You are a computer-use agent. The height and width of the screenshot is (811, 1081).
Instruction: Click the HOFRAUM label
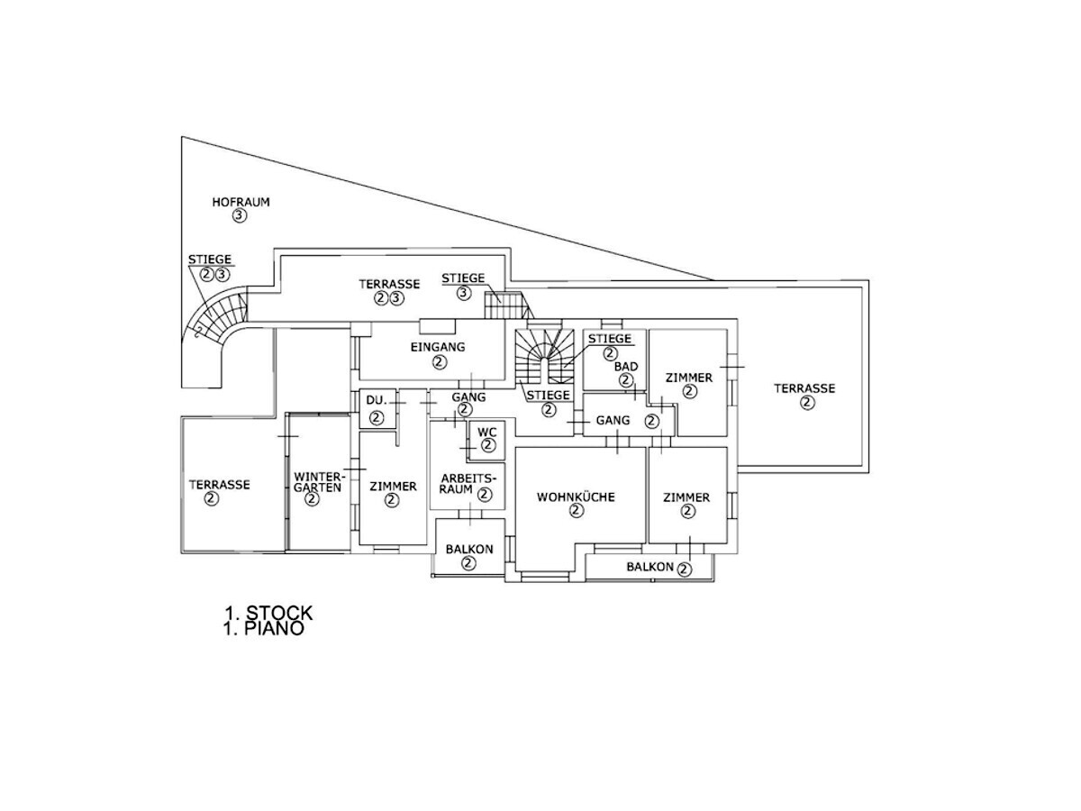241,202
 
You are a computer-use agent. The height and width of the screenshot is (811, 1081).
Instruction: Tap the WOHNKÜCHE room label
576,497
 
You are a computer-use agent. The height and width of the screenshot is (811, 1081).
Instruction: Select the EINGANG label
438,347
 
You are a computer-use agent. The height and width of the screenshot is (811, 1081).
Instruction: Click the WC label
487,433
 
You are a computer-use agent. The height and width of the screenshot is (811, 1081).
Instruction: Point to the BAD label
626,367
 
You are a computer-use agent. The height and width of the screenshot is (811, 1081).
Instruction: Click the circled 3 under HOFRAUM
240,216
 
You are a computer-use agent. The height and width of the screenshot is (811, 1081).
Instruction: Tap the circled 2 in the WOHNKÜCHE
577,511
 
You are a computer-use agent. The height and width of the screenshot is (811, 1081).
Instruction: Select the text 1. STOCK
268,614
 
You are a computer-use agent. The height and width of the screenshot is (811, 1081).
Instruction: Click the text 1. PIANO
264,630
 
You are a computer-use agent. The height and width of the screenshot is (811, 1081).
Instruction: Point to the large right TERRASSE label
804,388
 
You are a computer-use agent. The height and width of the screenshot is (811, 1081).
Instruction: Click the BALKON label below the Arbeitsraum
468,549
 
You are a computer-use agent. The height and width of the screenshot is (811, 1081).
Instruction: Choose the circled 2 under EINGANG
439,362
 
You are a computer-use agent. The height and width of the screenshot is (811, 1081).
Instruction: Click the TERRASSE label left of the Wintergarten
219,484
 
